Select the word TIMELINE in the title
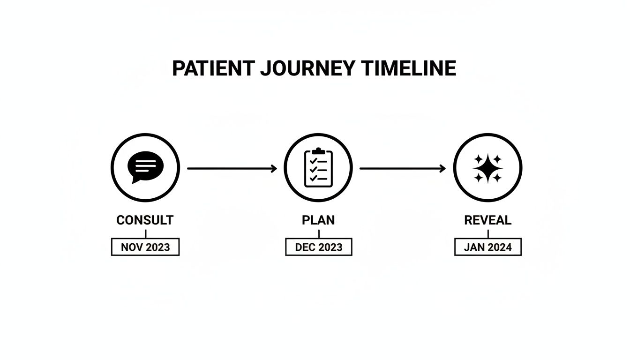[x=409, y=68]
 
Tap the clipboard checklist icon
[x=318, y=168]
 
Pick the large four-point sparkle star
[x=487, y=168]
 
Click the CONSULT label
[x=145, y=220]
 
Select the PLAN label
[x=319, y=220]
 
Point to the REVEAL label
[x=487, y=220]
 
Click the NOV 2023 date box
[x=145, y=247]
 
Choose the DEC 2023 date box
[x=319, y=247]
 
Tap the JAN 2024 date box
[x=487, y=247]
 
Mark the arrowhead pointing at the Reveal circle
[x=443, y=168]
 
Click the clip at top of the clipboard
[x=318, y=151]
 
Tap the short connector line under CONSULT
[x=146, y=233]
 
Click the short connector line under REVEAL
[x=488, y=233]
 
